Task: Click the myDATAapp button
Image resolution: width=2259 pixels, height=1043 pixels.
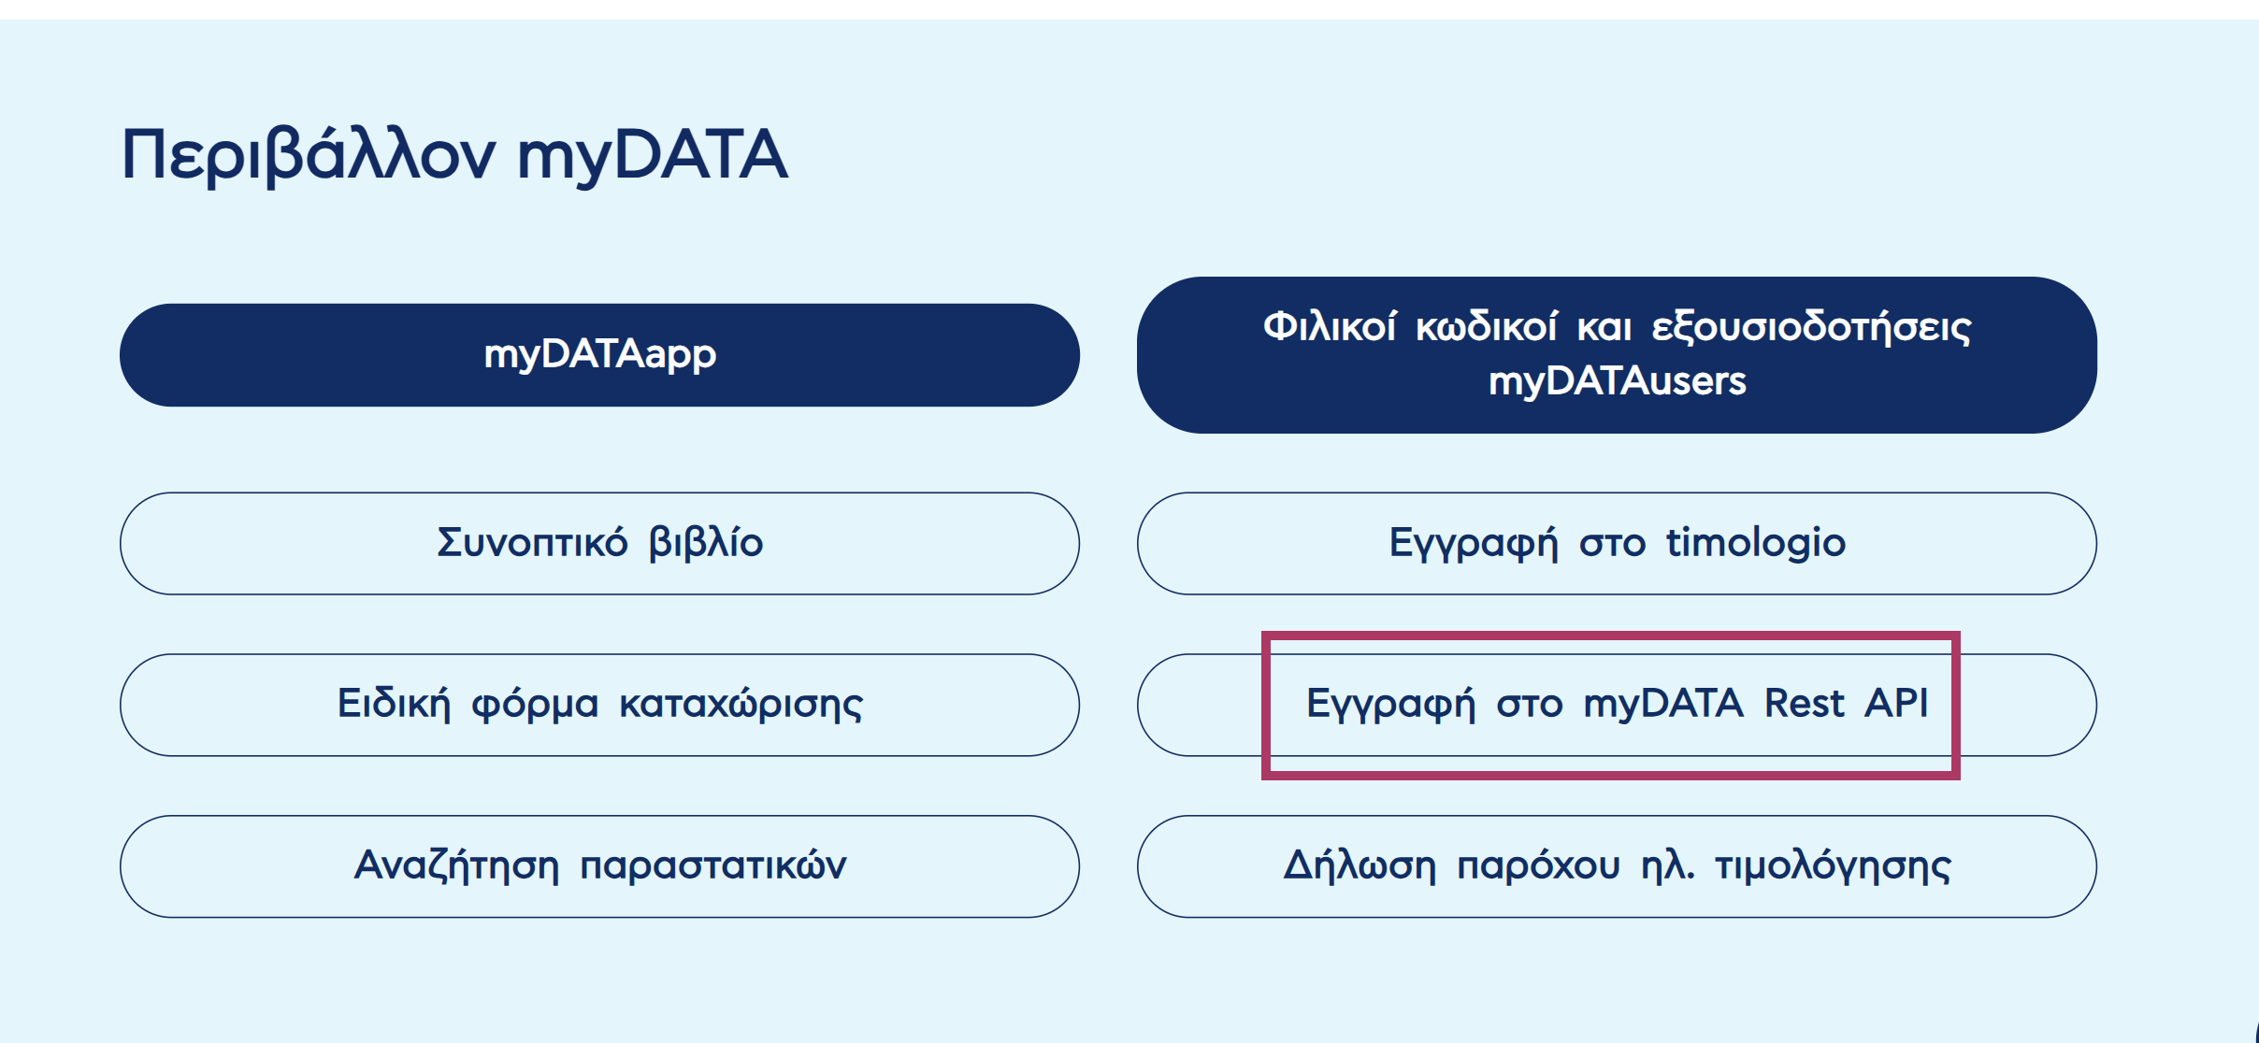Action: (x=599, y=355)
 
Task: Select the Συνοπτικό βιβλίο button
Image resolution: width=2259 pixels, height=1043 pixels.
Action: (x=599, y=543)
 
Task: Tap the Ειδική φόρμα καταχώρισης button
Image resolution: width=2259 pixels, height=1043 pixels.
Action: (x=599, y=705)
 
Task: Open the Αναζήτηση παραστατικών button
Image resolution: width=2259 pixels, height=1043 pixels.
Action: (x=599, y=866)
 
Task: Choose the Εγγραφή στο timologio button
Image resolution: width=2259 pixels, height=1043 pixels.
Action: (x=1617, y=543)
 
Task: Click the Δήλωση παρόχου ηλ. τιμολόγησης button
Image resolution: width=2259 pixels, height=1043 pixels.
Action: (x=1617, y=866)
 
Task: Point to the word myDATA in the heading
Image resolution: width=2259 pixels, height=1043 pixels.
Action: (x=653, y=155)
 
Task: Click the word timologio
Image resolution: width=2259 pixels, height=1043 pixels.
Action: (x=1755, y=543)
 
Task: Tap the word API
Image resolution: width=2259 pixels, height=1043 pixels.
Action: (x=1895, y=704)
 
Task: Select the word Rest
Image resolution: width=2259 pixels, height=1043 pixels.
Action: (x=1804, y=704)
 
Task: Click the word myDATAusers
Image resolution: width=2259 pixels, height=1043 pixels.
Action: (x=1617, y=381)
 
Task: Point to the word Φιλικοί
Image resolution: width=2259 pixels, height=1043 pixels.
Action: (x=1330, y=327)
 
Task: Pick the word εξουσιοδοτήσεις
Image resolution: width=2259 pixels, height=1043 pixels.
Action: (x=1811, y=327)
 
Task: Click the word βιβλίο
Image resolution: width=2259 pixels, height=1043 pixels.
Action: (x=706, y=543)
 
